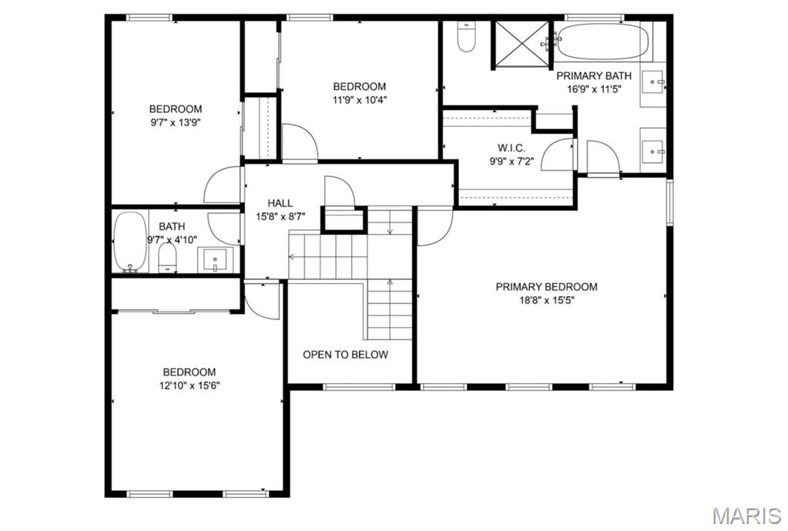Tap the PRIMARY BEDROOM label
pyautogui.click(x=545, y=287)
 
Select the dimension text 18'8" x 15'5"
pyautogui.click(x=545, y=300)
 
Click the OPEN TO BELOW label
pyautogui.click(x=345, y=355)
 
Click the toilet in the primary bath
pyautogui.click(x=466, y=37)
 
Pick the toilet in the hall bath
pyautogui.click(x=168, y=258)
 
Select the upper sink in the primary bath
pyautogui.click(x=655, y=81)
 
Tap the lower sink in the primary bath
pyautogui.click(x=655, y=147)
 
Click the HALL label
pyautogui.click(x=280, y=203)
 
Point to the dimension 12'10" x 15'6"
pyautogui.click(x=188, y=385)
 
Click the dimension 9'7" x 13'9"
pyautogui.click(x=176, y=122)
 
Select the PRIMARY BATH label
pyautogui.click(x=594, y=75)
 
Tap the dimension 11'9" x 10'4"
pyautogui.click(x=359, y=99)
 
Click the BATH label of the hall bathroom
pyautogui.click(x=172, y=226)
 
